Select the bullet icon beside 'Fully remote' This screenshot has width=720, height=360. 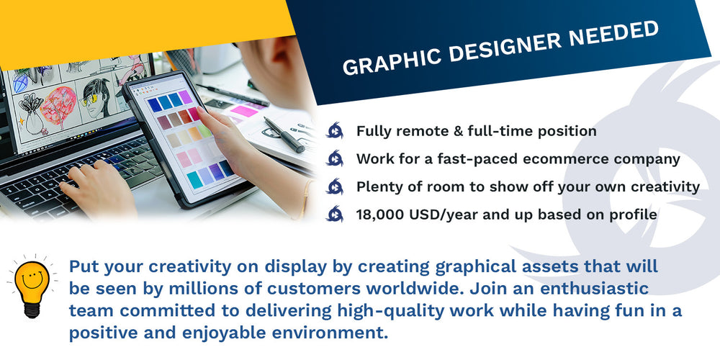[334, 131]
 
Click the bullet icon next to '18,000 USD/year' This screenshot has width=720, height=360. [334, 214]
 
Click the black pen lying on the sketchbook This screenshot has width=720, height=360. [284, 135]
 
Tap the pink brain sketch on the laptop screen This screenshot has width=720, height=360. [58, 106]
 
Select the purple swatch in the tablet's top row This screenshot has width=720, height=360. [186, 97]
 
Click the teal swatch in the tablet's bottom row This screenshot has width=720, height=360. [194, 179]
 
